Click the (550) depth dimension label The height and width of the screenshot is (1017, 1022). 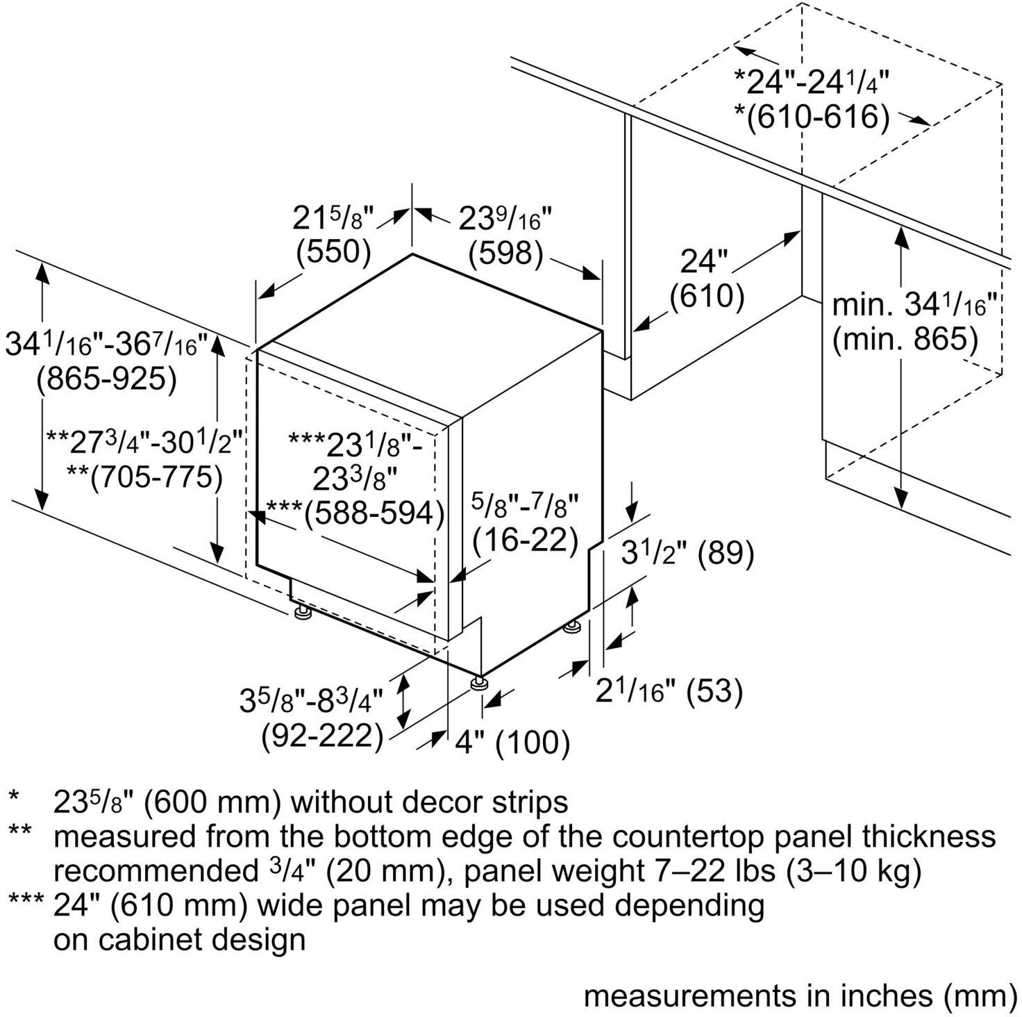pos(333,251)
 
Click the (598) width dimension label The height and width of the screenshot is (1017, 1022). pos(505,253)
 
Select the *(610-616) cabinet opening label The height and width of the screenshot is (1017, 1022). pos(812,116)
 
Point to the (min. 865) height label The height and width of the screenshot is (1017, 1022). pos(905,340)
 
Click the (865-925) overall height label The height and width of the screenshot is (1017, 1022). pos(106,379)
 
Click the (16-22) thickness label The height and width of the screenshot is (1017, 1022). pos(525,539)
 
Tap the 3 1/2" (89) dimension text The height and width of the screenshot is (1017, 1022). pos(687,554)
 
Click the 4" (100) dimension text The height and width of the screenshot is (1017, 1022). pos(512,743)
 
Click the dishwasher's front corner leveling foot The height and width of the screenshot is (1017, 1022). pos(479,684)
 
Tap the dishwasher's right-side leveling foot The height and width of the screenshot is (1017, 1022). pos(572,629)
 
